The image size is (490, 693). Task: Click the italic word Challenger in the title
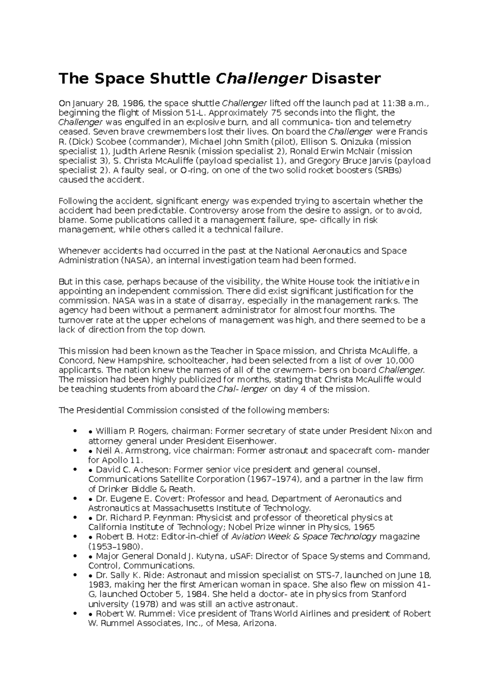[261, 78]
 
